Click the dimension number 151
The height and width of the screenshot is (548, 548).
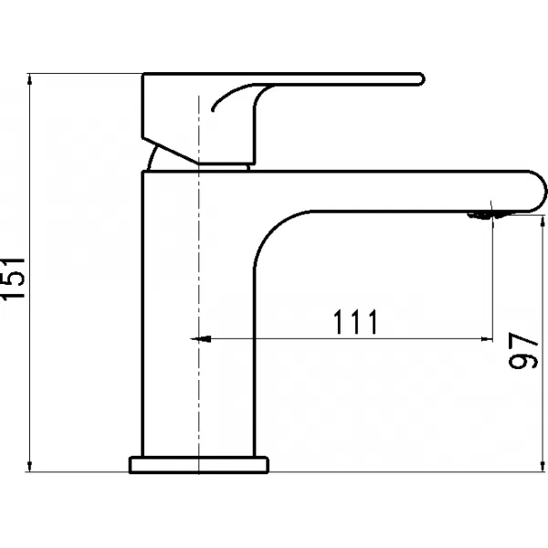pyautogui.click(x=13, y=279)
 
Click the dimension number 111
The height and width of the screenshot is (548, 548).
pyautogui.click(x=355, y=321)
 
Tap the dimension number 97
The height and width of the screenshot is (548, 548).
pyautogui.click(x=523, y=350)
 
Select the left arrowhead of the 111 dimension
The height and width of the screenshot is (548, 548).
pyautogui.click(x=201, y=339)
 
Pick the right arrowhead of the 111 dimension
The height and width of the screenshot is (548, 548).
pyautogui.click(x=487, y=339)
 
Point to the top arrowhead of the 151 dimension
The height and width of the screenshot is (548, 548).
pyautogui.click(x=30, y=79)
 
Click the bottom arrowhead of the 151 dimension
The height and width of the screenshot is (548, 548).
pyautogui.click(x=30, y=466)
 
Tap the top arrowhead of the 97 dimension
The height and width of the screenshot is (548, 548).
pyautogui.click(x=543, y=222)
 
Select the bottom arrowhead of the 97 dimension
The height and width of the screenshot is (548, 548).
pyautogui.click(x=543, y=466)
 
